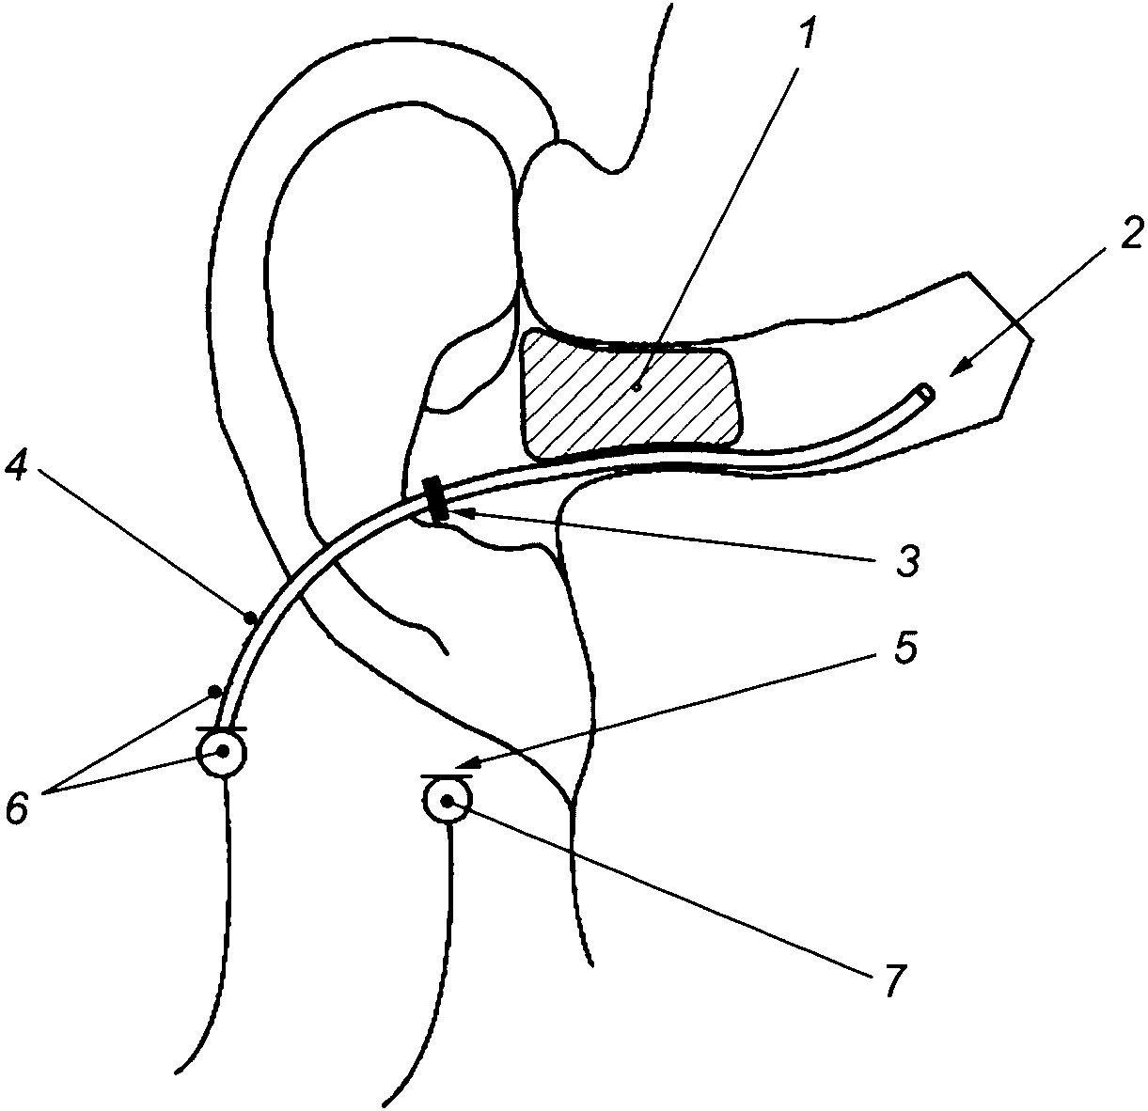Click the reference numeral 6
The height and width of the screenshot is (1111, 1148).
coord(20,806)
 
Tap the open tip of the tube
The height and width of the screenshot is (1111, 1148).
coord(927,392)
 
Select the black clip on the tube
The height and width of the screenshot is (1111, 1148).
coord(435,498)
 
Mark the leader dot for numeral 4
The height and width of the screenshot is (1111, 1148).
coord(250,618)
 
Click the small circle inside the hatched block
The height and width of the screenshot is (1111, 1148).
coord(637,384)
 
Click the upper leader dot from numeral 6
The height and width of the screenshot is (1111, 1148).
coord(215,692)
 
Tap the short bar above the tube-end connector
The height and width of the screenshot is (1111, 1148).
coord(222,728)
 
